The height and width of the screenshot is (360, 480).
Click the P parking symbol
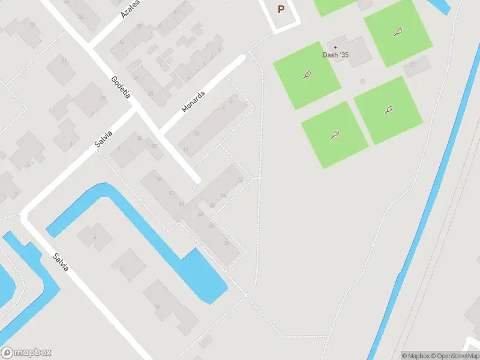pyautogui.click(x=281, y=10)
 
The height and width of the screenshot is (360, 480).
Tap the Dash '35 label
pyautogui.click(x=335, y=55)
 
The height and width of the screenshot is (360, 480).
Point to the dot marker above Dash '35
pyautogui.click(x=335, y=47)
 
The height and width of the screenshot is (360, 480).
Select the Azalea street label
pyautogui.click(x=130, y=9)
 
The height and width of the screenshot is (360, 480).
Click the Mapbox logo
pyautogui.click(x=26, y=353)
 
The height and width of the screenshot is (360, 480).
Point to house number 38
pyautogui.click(x=226, y=242)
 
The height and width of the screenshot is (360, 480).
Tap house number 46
pyautogui.click(x=181, y=204)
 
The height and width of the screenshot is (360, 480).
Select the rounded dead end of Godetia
pyautogui.click(x=196, y=178)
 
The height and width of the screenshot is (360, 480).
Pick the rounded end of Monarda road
pyautogui.click(x=242, y=58)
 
